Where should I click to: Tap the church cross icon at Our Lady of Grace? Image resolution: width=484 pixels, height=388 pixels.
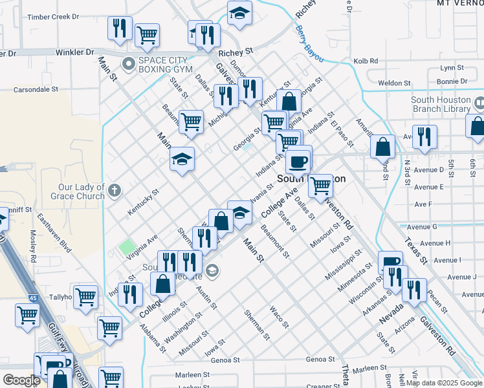115,190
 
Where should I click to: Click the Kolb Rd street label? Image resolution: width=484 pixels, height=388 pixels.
366,61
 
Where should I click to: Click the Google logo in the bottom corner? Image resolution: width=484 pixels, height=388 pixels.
21,380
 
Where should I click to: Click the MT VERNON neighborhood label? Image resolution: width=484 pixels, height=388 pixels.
460,3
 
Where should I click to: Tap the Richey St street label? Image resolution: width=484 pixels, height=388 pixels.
235,52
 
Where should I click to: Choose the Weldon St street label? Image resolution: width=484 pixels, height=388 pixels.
394,83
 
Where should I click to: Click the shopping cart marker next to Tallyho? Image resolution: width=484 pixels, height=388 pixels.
85,297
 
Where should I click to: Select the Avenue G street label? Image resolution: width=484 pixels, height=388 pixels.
430,226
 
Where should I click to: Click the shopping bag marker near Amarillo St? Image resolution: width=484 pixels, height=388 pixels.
383,147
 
